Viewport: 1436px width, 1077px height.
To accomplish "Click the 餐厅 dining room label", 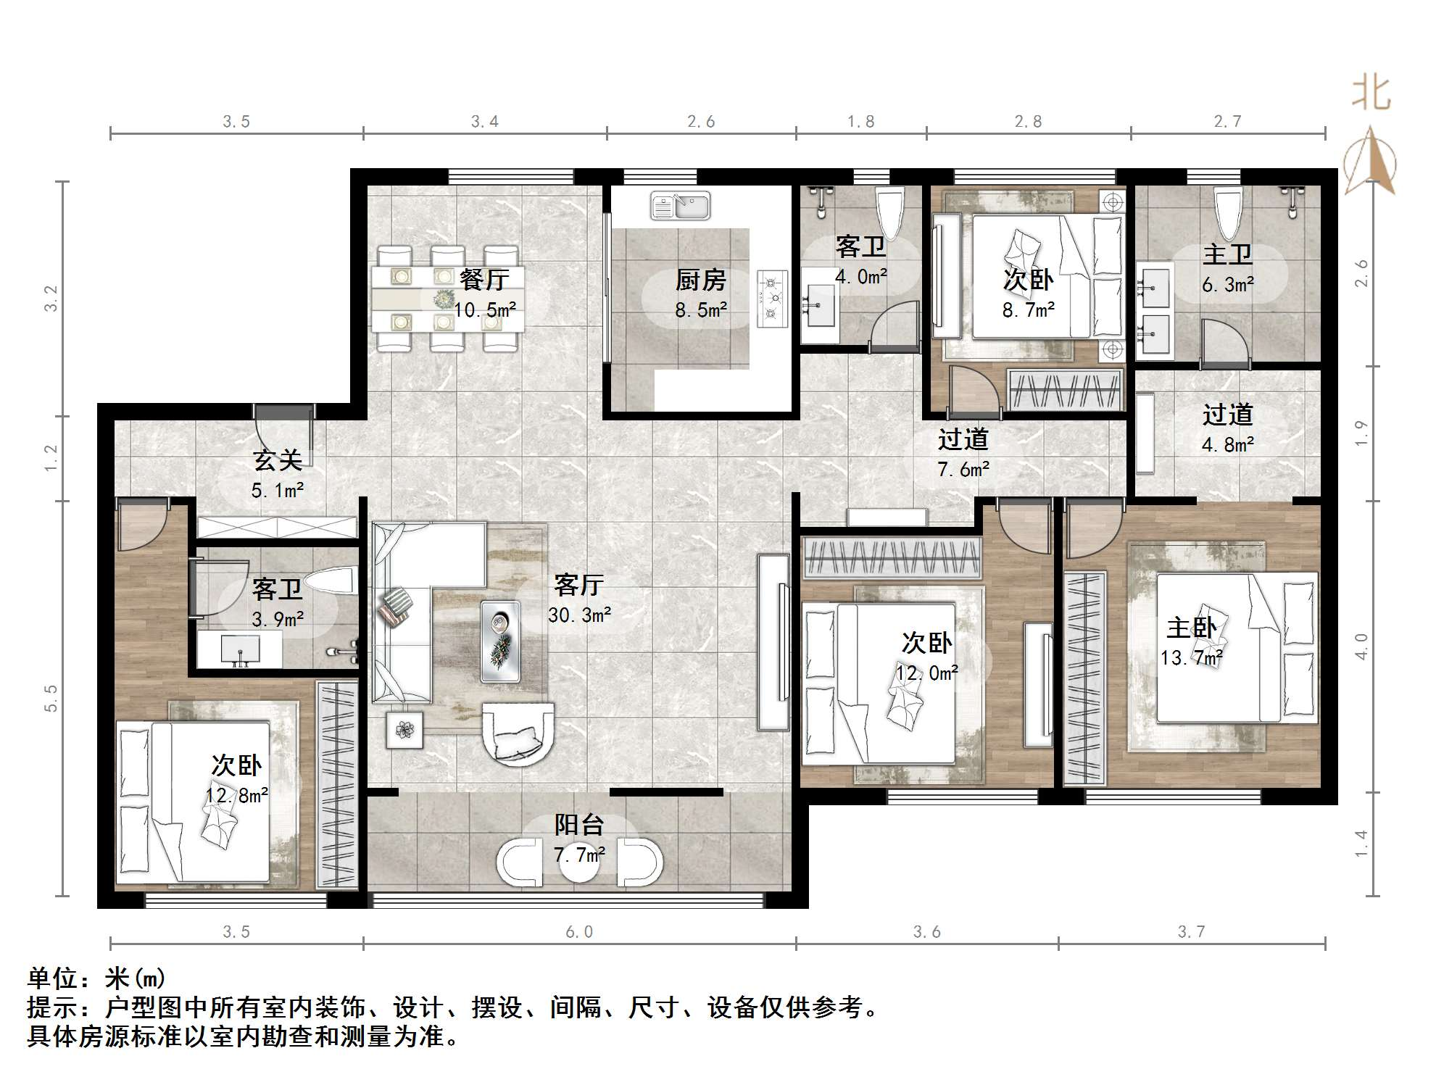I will [x=484, y=279].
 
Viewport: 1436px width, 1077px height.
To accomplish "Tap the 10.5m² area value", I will [x=485, y=310].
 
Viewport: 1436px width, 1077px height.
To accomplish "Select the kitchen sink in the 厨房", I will [x=680, y=206].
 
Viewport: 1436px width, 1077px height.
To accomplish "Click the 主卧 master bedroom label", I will [x=1192, y=628].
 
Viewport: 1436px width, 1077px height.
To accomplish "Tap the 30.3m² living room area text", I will [x=579, y=615].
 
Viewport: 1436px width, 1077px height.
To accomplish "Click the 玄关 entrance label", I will [x=278, y=460].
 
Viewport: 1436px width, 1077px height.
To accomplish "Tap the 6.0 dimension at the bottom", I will [x=579, y=932].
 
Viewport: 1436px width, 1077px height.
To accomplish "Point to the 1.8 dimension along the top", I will [x=860, y=122].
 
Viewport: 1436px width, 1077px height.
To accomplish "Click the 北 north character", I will [x=1371, y=94].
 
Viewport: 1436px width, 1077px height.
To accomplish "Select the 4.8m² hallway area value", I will [x=1228, y=444].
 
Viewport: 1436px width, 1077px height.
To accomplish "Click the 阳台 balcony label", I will [x=579, y=825].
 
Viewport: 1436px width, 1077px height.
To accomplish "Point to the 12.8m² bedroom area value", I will [x=237, y=795].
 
